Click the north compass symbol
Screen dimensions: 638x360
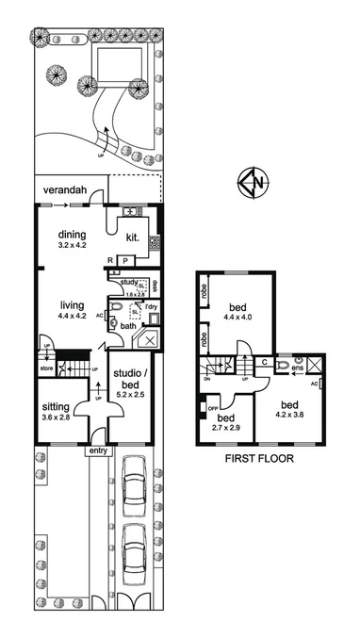tap(251, 183)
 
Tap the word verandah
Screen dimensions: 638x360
tap(65, 191)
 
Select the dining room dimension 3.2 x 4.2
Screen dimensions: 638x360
tap(73, 245)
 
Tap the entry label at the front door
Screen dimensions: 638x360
tap(98, 451)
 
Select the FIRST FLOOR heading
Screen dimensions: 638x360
tap(259, 460)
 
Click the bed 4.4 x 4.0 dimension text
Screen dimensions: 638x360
tap(237, 319)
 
